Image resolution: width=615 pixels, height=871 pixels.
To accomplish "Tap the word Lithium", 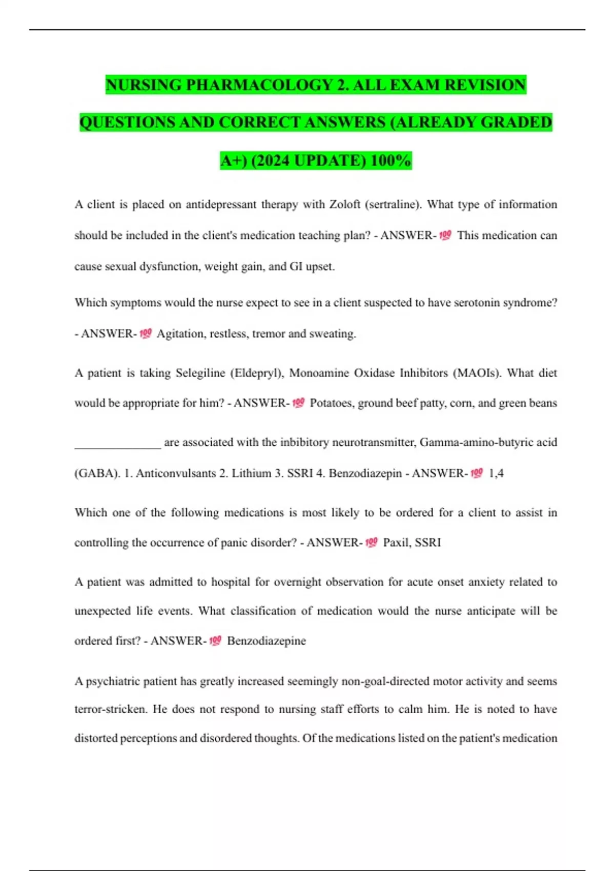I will pos(251,473).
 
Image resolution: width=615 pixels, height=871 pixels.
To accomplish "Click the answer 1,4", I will pos(496,473).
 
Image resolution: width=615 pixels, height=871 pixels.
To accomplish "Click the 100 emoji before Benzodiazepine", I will pos(215,640).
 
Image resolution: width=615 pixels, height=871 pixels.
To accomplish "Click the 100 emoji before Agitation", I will pos(146,334).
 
